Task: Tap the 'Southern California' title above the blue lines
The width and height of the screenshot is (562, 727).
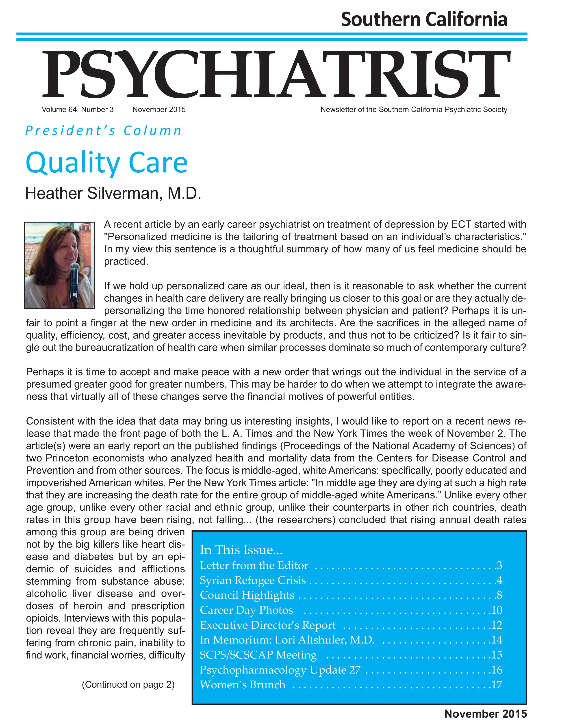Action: click(x=424, y=19)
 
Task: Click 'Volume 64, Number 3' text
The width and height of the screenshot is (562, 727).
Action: click(x=78, y=109)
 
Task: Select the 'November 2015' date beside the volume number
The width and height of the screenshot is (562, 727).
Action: click(x=159, y=109)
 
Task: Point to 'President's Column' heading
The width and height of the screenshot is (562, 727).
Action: click(x=104, y=131)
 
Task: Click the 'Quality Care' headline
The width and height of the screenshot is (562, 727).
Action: click(x=107, y=163)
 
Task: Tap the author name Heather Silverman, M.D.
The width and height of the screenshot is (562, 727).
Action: click(x=113, y=193)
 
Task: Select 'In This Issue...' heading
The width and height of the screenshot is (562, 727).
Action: click(x=241, y=550)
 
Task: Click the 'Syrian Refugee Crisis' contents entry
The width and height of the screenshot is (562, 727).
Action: click(x=253, y=580)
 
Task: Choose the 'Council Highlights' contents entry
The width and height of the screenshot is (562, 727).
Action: click(x=247, y=595)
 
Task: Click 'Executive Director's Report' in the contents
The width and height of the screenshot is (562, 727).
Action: click(x=268, y=625)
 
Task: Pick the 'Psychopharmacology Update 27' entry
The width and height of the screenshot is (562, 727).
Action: click(x=280, y=670)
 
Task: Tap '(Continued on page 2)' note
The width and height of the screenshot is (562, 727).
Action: click(x=128, y=684)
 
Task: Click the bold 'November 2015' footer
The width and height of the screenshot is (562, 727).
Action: click(x=485, y=714)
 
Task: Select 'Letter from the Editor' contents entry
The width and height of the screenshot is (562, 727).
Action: click(x=254, y=565)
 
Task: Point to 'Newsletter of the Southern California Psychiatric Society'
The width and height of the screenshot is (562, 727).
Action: click(x=414, y=109)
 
